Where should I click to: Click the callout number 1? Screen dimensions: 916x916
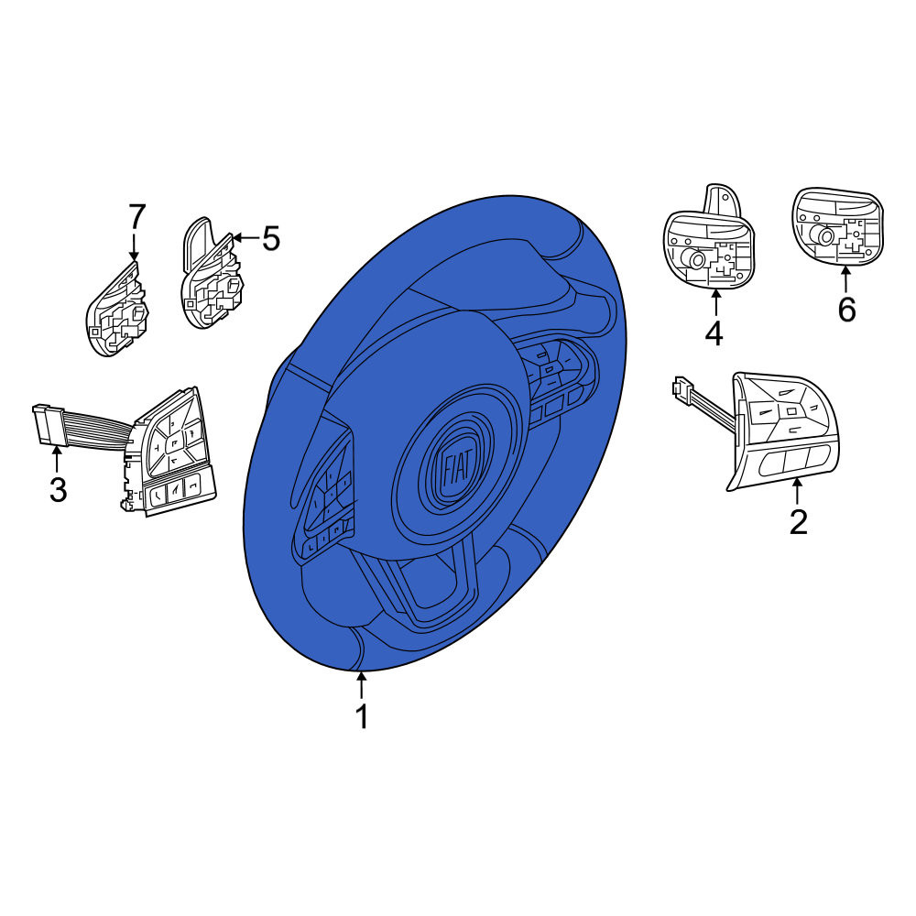362,716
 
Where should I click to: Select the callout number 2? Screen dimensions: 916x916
798,521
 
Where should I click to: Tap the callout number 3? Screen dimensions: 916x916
58,489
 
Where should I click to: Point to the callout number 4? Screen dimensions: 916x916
714,333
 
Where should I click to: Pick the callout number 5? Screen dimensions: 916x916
270,238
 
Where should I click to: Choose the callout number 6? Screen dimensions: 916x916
846,309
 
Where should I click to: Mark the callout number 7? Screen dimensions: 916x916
136,217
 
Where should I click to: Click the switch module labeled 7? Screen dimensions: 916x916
117,309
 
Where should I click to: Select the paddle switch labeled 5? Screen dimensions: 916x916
212,273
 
